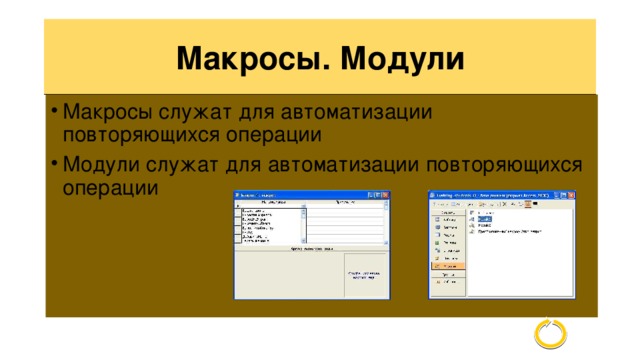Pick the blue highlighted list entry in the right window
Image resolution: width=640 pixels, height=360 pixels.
tap(484, 217)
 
